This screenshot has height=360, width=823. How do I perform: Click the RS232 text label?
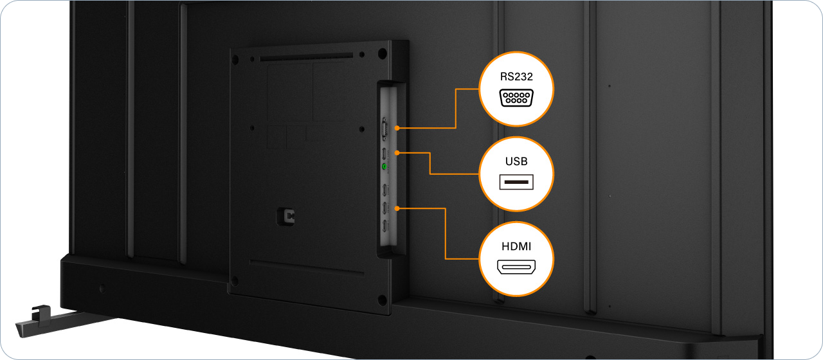click(x=517, y=76)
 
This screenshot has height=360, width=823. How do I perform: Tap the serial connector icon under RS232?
click(x=517, y=98)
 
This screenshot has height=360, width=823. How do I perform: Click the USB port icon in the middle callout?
click(x=517, y=183)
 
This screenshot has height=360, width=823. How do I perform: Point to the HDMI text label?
click(x=517, y=246)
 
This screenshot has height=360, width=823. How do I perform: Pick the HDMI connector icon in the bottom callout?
click(x=517, y=267)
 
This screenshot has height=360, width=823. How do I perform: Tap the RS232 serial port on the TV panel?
click(x=384, y=129)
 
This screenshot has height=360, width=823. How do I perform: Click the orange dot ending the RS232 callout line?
click(x=397, y=129)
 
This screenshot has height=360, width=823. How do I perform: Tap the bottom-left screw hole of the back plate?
click(x=235, y=280)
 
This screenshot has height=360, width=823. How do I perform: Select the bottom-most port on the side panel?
click(x=384, y=226)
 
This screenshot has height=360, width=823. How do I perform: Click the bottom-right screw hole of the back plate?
click(x=383, y=298)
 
